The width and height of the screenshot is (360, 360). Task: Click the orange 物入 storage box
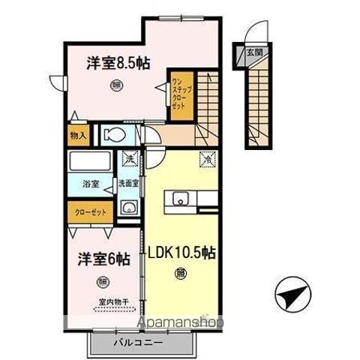tap(78, 136)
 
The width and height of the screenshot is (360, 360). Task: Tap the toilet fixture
tap(113, 136)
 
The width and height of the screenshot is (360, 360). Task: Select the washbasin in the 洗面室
tap(128, 209)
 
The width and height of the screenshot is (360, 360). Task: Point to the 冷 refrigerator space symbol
tap(205, 159)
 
